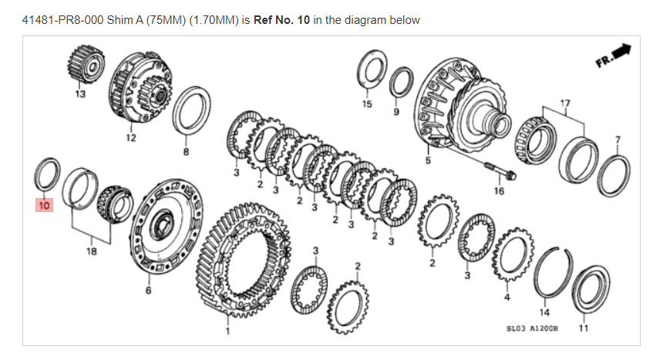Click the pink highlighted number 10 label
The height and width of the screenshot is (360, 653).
(x=44, y=205)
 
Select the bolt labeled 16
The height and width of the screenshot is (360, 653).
(x=500, y=170)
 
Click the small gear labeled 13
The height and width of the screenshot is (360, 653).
(x=86, y=65)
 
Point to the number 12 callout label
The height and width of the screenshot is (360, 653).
(x=131, y=138)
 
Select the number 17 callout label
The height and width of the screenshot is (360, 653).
(x=564, y=103)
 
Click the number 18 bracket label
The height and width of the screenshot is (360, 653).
(x=91, y=251)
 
